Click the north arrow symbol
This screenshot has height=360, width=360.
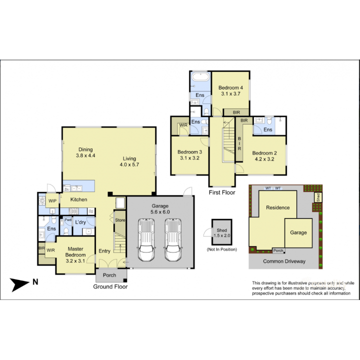[18, 284]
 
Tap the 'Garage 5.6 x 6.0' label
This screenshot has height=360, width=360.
[160, 209]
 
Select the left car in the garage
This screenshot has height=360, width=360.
[146, 239]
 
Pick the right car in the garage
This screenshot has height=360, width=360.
[173, 239]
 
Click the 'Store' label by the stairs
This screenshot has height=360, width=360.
[120, 220]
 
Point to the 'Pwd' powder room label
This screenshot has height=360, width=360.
[68, 219]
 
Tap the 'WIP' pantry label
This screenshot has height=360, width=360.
[52, 201]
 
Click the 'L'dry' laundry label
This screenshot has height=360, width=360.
[80, 222]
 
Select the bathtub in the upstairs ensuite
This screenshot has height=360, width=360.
[200, 77]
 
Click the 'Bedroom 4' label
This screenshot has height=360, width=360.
[230, 87]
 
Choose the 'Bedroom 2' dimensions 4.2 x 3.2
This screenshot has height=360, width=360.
[264, 159]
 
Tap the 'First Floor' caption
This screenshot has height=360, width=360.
[222, 192]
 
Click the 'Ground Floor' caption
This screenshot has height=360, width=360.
[110, 286]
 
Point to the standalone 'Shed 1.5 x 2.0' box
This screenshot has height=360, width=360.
[222, 232]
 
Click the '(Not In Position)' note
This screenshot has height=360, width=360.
[222, 249]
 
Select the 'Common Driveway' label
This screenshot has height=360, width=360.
[284, 261]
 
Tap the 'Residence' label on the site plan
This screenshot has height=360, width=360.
[277, 207]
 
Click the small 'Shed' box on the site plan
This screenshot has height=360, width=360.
[318, 197]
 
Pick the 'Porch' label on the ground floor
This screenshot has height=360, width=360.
[109, 275]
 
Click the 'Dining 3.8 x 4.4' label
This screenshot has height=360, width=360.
[85, 152]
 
